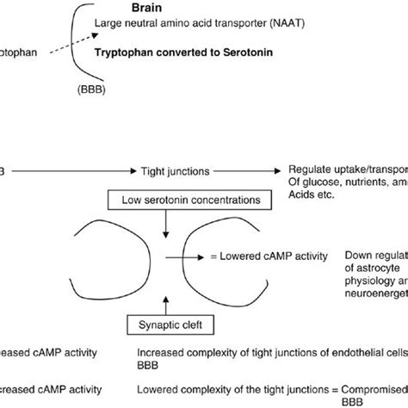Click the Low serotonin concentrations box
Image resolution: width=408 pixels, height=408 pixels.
click(171, 201)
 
